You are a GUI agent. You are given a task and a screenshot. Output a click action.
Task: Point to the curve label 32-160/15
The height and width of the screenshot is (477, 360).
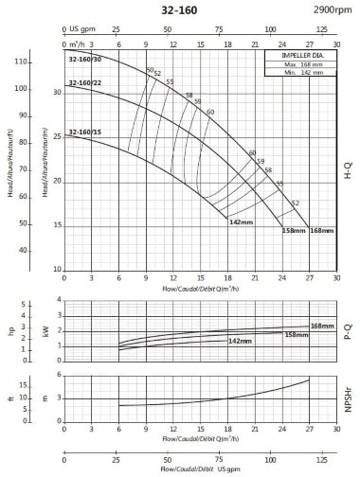point(84,132)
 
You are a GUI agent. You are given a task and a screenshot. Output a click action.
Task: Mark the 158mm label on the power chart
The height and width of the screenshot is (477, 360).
point(297,334)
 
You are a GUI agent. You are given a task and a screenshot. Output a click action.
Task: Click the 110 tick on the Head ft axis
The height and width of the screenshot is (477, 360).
point(20,62)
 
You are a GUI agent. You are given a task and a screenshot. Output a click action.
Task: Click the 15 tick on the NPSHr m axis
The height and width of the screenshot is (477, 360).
point(33,375)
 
